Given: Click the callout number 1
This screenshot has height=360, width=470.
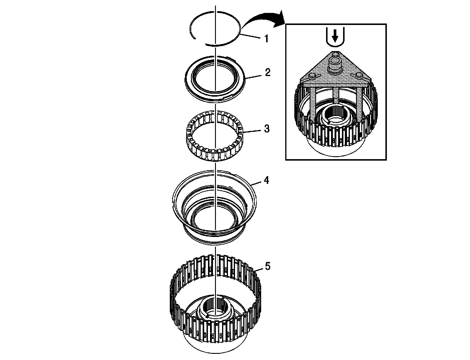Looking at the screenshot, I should (x=266, y=38).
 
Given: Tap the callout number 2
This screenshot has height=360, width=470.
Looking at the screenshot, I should (x=267, y=73).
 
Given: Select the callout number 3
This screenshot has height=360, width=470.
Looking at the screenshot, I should (x=266, y=129).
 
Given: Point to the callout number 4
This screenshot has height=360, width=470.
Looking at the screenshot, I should (x=266, y=180).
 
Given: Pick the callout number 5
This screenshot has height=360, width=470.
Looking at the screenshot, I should (x=267, y=266).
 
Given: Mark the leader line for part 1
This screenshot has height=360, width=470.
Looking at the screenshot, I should (x=251, y=36).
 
